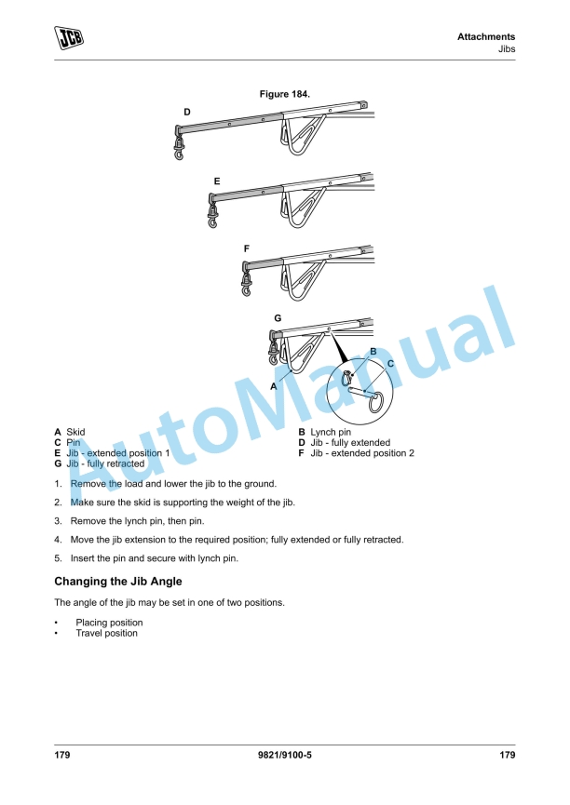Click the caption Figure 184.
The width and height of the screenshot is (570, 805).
click(285, 94)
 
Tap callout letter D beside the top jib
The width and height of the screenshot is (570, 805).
click(186, 112)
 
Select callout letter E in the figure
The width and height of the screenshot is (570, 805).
click(216, 180)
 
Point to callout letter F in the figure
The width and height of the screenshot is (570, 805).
click(246, 248)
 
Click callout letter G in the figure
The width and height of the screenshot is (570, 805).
click(277, 318)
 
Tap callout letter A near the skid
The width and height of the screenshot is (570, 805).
click(273, 384)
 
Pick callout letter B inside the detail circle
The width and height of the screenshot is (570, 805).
click(373, 351)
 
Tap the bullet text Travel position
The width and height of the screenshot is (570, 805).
click(106, 633)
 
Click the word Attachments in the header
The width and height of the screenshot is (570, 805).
click(486, 37)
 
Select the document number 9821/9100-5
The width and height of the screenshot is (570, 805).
click(285, 756)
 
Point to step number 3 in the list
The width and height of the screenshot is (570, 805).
click(58, 521)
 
